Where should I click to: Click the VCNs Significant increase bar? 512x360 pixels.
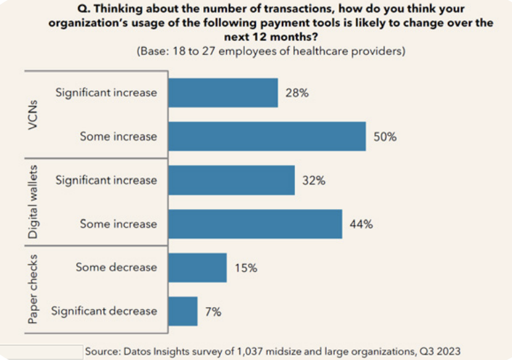tap(223, 93)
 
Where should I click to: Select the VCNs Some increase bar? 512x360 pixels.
tap(267, 136)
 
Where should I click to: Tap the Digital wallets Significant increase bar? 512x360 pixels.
tap(232, 180)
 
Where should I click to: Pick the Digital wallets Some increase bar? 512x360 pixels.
tap(255, 224)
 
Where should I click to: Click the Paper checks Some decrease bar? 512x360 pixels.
tap(197, 267)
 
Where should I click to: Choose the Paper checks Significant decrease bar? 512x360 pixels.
tap(183, 311)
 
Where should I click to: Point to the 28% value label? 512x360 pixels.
tap(297, 93)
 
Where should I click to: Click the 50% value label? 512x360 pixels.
tap(385, 137)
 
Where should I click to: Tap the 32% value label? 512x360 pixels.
tap(314, 181)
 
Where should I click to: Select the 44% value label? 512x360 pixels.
tap(361, 224)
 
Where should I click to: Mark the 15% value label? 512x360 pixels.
tap(245, 268)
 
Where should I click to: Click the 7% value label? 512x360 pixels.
tap(214, 312)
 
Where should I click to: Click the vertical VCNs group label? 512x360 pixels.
tap(34, 114)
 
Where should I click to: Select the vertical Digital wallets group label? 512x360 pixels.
tap(34, 202)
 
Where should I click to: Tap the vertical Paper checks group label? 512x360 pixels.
tap(34, 289)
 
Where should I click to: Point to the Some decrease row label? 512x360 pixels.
tap(116, 267)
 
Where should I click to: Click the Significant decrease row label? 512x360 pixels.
tap(104, 311)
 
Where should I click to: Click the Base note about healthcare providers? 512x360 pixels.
tap(271, 50)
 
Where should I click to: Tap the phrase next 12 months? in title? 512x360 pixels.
tap(271, 36)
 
